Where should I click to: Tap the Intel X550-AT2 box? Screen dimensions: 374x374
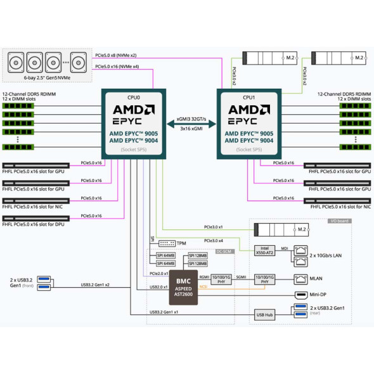coord(264,251)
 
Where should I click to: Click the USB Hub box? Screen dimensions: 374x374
coord(264,314)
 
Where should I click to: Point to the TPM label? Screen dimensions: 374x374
coord(181,243)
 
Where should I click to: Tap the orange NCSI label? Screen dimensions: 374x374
coord(203,287)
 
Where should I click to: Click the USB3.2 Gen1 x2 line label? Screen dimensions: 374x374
coord(94,285)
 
